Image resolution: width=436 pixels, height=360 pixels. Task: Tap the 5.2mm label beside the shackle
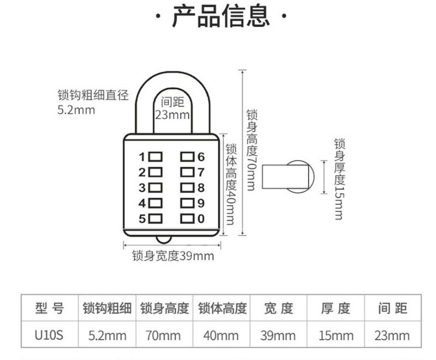76,110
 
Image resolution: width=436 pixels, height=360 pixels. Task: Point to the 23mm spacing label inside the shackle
172,115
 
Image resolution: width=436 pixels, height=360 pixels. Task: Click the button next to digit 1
155,156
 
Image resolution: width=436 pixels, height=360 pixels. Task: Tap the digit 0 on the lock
201,219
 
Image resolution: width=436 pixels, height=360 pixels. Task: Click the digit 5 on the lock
142,219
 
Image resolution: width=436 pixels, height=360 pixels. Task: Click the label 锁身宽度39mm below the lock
173,256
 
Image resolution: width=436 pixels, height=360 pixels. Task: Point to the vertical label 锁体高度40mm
231,184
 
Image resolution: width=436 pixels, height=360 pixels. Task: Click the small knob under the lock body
164,239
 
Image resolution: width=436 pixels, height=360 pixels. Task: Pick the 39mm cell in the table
278,335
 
